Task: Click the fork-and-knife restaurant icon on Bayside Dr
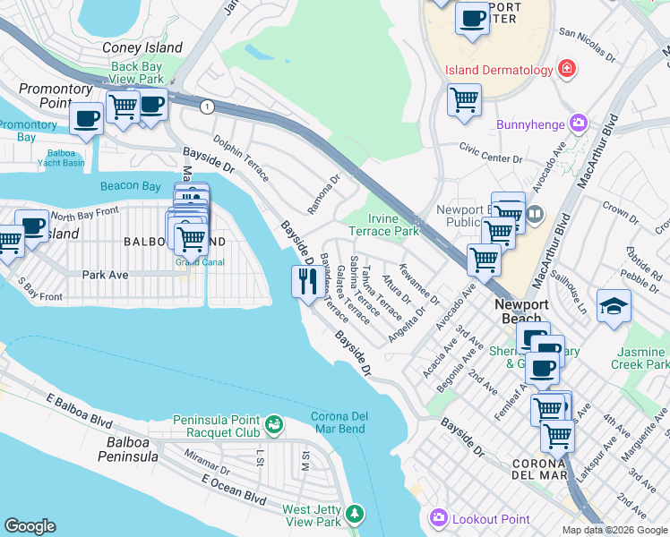[x=306, y=282]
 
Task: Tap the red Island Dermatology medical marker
[x=566, y=69]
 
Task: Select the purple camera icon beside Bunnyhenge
[x=580, y=121]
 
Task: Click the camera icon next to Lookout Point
[x=438, y=518]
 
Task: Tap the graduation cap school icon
[x=614, y=307]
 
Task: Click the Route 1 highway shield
[x=208, y=107]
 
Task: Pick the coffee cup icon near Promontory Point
[x=86, y=119]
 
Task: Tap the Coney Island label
[x=142, y=47]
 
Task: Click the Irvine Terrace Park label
[x=393, y=225]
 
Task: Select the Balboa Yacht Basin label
[x=61, y=158]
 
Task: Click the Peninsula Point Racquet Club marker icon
[x=274, y=422]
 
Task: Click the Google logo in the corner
[x=30, y=526]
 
